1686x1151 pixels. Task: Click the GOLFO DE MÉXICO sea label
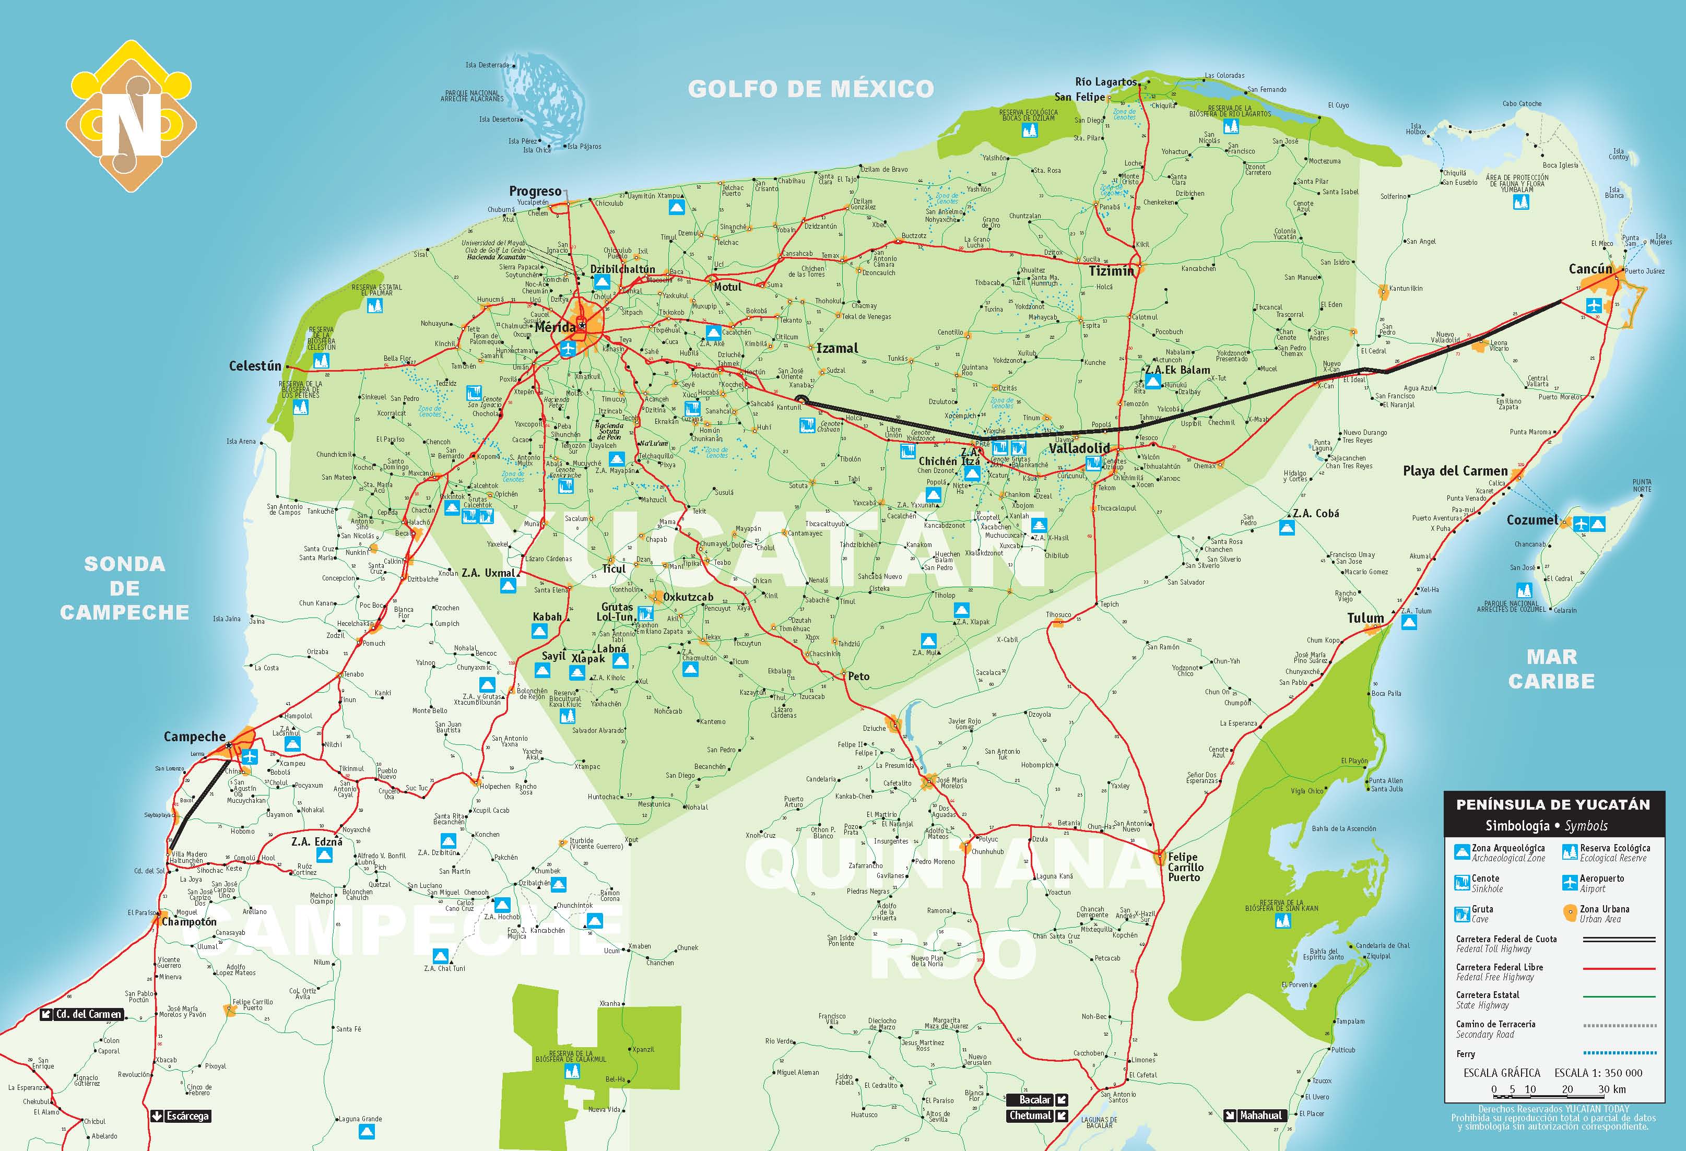810,89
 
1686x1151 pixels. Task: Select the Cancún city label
1590,269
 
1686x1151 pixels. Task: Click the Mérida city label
555,327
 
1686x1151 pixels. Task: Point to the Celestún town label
255,366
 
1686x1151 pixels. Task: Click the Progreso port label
535,192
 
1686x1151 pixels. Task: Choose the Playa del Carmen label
1455,471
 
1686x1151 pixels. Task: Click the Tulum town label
1365,618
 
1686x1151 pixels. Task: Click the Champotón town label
188,922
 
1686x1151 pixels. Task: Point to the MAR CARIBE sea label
1552,669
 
